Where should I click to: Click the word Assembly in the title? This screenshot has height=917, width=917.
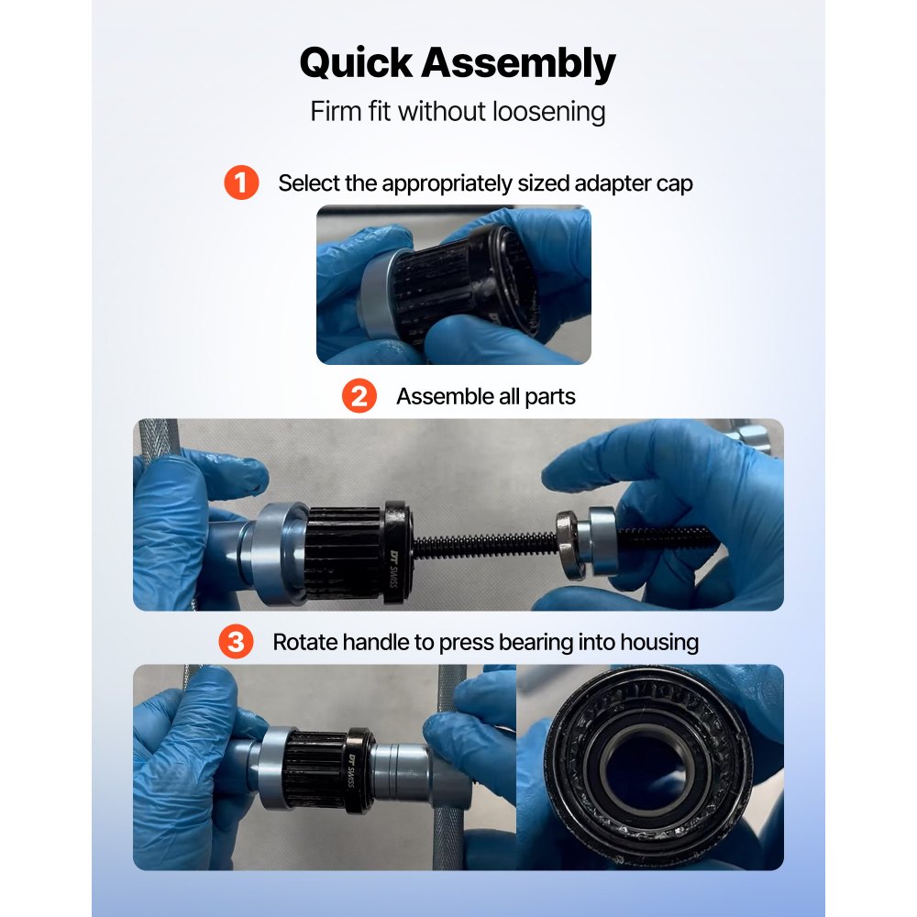pos(520,64)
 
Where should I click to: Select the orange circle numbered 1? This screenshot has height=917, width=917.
pos(241,182)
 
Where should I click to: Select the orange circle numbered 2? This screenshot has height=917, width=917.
pos(359,396)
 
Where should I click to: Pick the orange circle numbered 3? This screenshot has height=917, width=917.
pos(236,642)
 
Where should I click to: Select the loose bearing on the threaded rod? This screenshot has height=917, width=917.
pos(569,544)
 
